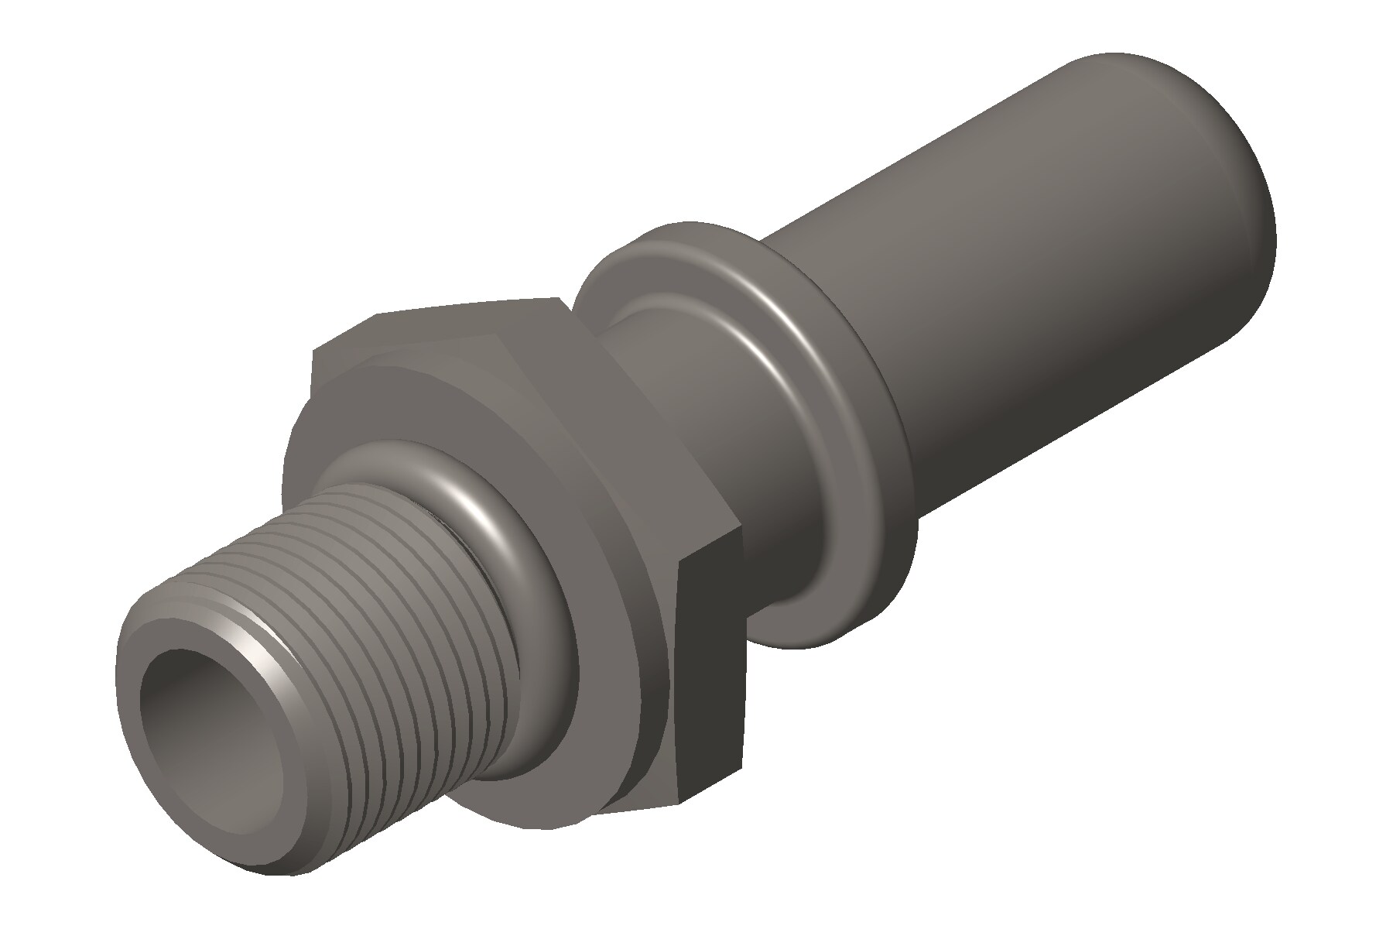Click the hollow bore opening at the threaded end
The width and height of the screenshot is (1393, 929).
197,712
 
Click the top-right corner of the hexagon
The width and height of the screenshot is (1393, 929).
559,298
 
